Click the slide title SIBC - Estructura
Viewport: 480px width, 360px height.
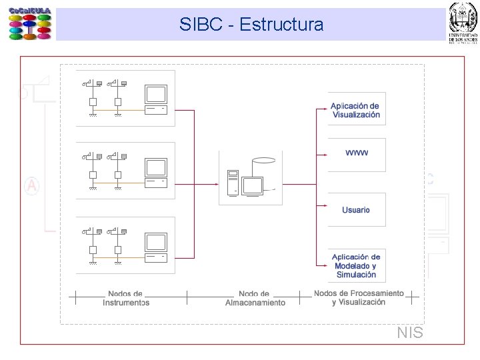point(251,25)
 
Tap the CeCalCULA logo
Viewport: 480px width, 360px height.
point(30,24)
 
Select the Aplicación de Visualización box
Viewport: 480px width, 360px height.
point(356,110)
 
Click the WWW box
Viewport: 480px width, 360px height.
point(356,153)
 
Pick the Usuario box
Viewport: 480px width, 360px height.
point(356,210)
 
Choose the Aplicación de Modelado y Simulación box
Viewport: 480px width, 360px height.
point(356,265)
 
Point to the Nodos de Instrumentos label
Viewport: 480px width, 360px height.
point(125,298)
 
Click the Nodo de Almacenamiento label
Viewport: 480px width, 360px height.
point(254,298)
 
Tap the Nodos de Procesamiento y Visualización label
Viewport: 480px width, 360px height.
point(359,297)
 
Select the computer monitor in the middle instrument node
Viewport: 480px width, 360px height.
point(156,169)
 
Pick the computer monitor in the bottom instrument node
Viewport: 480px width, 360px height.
point(156,244)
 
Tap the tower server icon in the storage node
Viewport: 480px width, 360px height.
point(233,181)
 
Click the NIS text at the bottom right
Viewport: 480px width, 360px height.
point(409,333)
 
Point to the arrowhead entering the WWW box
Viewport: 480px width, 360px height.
point(324,155)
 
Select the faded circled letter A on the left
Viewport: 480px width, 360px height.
point(31,185)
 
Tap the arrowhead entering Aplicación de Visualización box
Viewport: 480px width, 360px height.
point(324,107)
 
